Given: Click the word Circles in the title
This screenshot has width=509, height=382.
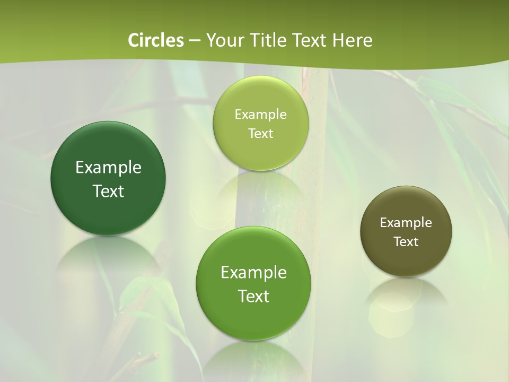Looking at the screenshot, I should click(x=156, y=40).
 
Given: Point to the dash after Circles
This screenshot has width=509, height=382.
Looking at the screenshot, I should click(x=194, y=41).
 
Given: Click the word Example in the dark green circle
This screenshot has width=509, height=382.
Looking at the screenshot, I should click(x=108, y=168).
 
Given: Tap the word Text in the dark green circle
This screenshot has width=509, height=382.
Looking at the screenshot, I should click(x=108, y=191).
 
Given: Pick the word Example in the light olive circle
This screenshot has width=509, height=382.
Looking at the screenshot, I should click(x=260, y=115).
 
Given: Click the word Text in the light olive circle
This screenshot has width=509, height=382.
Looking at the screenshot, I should click(x=260, y=134).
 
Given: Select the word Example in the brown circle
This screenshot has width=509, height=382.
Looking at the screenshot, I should click(x=406, y=223).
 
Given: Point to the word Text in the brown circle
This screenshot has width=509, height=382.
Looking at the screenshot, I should click(x=406, y=242).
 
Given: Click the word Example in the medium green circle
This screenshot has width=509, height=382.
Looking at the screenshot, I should click(x=253, y=273).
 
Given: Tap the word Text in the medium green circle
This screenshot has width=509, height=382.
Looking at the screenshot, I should click(x=253, y=296).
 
